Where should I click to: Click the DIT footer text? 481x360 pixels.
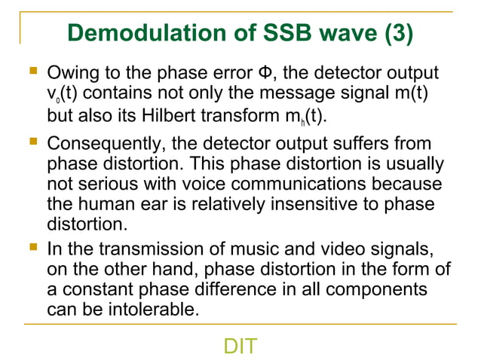pos(240,346)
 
